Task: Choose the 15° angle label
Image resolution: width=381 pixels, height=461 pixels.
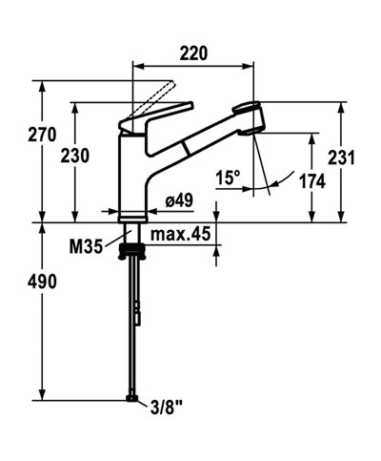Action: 228,178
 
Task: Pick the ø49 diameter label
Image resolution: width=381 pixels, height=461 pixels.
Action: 180,200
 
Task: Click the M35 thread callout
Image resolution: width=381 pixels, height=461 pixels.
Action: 88,245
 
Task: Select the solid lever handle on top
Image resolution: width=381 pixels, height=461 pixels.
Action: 138,121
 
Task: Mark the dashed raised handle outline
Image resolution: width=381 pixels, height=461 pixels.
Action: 157,96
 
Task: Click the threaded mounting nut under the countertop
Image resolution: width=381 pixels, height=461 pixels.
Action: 132,251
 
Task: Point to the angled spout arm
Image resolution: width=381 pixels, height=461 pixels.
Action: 195,144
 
